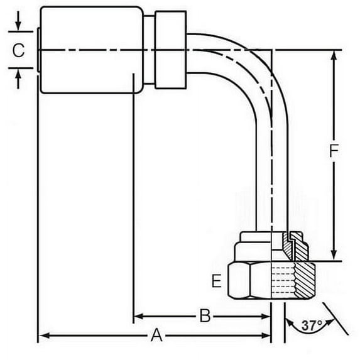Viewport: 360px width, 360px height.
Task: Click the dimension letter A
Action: [x=156, y=336]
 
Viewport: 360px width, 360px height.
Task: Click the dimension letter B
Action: [x=204, y=316]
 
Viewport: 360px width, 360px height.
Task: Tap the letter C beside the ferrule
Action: [x=19, y=51]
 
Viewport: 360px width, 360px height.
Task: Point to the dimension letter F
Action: [x=334, y=151]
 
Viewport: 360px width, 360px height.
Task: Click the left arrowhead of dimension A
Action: [x=43, y=337]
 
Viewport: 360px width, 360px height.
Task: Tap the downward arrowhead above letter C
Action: [x=19, y=27]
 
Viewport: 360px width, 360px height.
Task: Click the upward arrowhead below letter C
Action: [x=19, y=74]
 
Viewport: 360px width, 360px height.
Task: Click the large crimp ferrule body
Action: [x=88, y=50]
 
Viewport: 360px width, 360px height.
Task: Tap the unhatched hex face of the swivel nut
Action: [x=248, y=283]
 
